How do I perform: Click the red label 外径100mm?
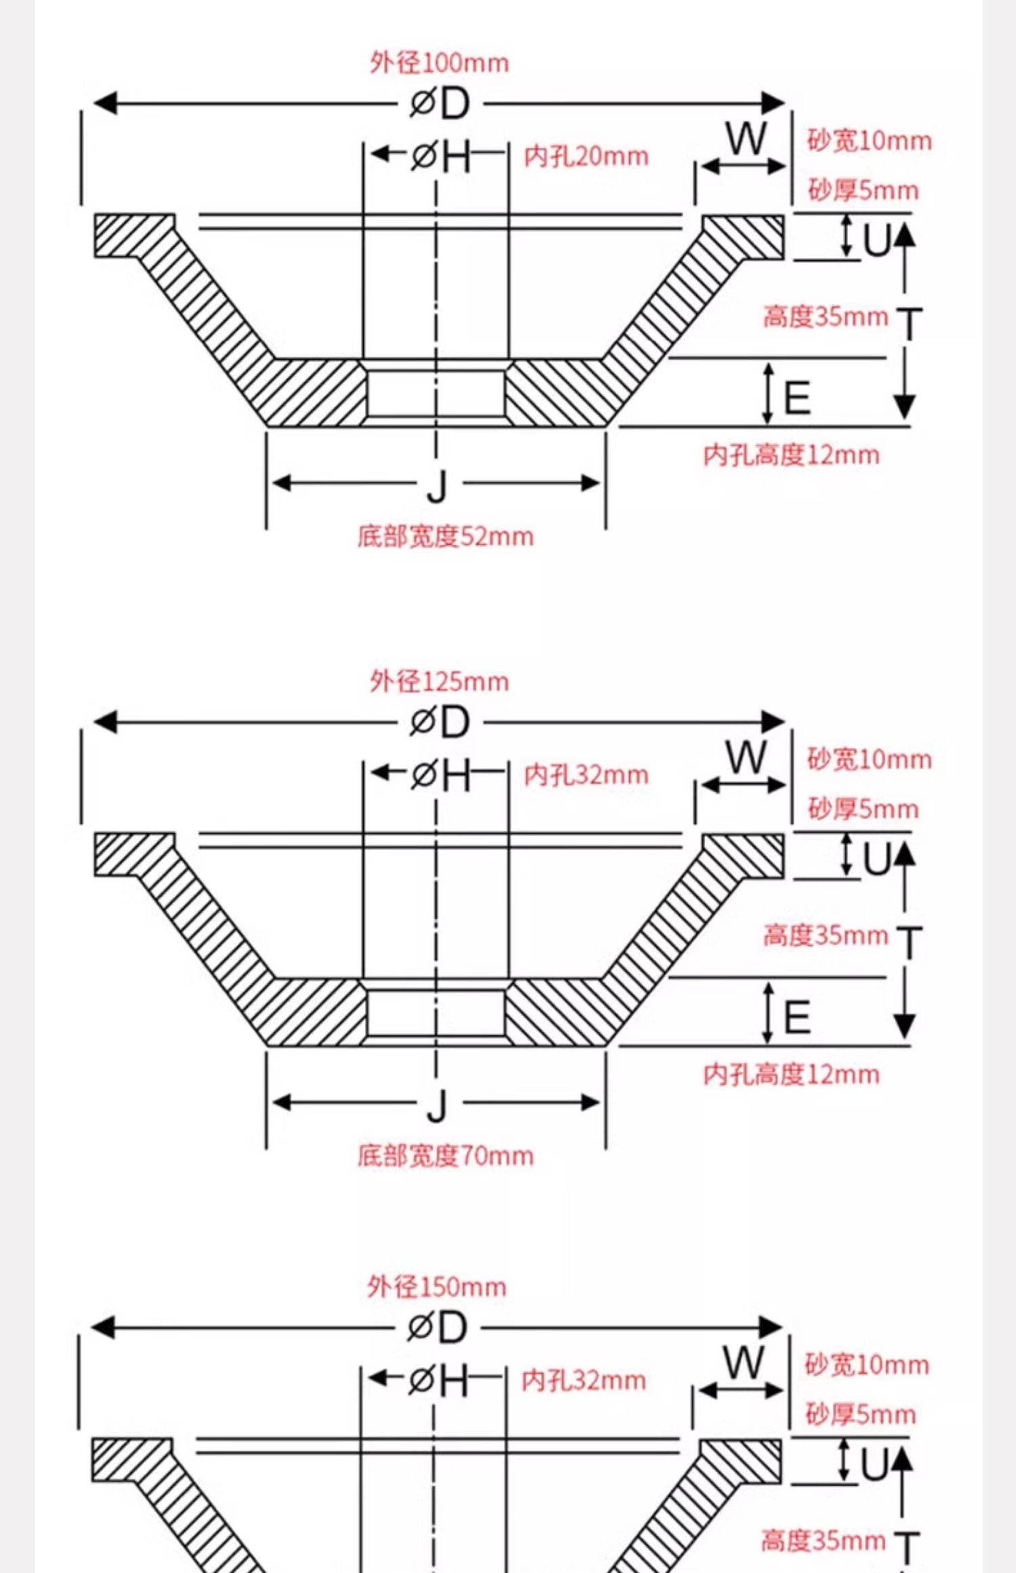tap(439, 63)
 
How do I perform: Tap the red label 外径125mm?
tap(439, 681)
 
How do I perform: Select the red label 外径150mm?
tap(437, 1287)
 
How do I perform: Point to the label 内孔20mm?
tap(586, 156)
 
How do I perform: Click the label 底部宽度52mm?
tap(445, 537)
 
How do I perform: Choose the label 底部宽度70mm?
tap(445, 1156)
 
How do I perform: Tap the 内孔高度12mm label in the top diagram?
tap(791, 455)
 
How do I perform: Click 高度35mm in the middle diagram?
tap(825, 936)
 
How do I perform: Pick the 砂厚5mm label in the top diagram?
tap(863, 190)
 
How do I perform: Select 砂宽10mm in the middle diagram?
tap(869, 759)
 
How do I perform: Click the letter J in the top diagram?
tap(438, 485)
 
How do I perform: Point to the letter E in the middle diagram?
tap(797, 1018)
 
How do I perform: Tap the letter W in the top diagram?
tap(746, 139)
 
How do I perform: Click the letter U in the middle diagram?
tap(876, 860)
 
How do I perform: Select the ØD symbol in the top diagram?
tap(439, 104)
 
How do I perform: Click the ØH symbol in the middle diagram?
tap(440, 774)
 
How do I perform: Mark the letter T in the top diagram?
tap(909, 323)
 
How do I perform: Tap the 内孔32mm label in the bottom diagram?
tap(583, 1381)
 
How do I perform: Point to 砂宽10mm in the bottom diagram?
tap(866, 1365)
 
